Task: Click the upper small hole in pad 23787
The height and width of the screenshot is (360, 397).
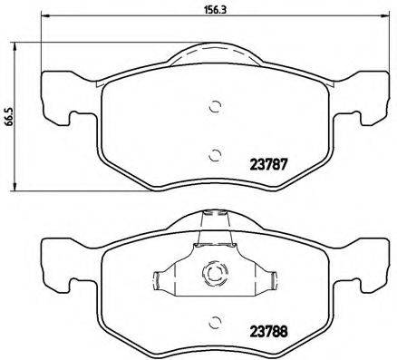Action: point(215,105)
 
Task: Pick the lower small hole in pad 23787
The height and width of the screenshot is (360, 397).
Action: point(215,152)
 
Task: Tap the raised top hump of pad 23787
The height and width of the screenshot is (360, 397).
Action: point(215,57)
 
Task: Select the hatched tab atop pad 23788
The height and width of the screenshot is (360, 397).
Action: point(215,220)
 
